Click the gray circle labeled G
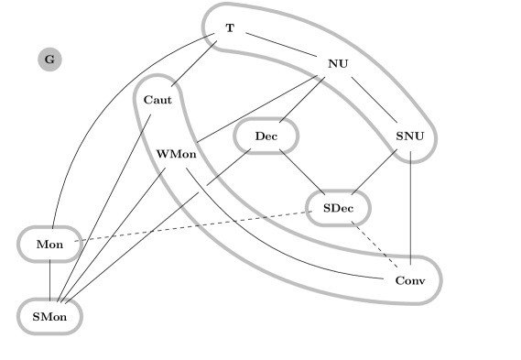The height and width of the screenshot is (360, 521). pyautogui.click(x=49, y=60)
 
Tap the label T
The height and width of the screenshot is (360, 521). pyautogui.click(x=230, y=28)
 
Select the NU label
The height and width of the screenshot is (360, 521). pyautogui.click(x=338, y=63)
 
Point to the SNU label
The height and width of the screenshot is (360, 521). pyautogui.click(x=410, y=136)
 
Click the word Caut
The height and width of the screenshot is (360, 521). pyautogui.click(x=157, y=99)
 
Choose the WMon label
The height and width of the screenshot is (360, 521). pyautogui.click(x=176, y=154)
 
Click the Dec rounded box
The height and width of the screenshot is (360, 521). pyautogui.click(x=266, y=136)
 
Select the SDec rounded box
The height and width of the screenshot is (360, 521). pyautogui.click(x=338, y=208)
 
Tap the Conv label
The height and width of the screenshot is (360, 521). pyautogui.click(x=410, y=279)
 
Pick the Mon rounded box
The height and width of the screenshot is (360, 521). pyautogui.click(x=49, y=245)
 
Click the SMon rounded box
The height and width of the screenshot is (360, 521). pyautogui.click(x=49, y=316)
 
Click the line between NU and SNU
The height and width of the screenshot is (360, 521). pyautogui.click(x=373, y=98)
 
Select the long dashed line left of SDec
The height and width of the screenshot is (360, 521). pyautogui.click(x=229, y=221)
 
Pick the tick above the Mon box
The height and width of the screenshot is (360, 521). pyautogui.click(x=53, y=224)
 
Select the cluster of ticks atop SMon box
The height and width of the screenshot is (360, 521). pyautogui.click(x=61, y=299)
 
